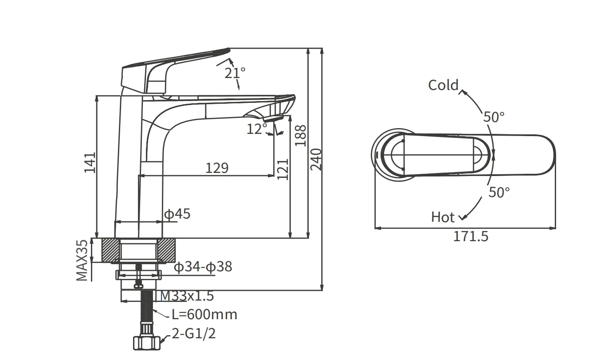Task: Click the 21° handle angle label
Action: pyautogui.click(x=235, y=73)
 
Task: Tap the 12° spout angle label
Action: pyautogui.click(x=257, y=129)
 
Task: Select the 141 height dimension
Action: pyautogui.click(x=90, y=163)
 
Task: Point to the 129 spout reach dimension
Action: pyautogui.click(x=217, y=168)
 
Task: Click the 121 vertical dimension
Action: pyautogui.click(x=282, y=169)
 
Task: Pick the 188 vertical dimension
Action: pyautogui.click(x=301, y=136)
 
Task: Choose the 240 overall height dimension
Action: pyautogui.click(x=316, y=160)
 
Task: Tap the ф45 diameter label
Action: pyautogui.click(x=177, y=214)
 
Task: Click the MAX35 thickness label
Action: pyautogui.click(x=82, y=260)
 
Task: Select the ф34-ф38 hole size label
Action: pyautogui.click(x=203, y=266)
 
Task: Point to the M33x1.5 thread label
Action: pyautogui.click(x=187, y=296)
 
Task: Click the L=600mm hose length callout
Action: pyautogui.click(x=204, y=314)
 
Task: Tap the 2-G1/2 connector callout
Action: pyautogui.click(x=194, y=333)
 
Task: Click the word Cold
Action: pyautogui.click(x=443, y=85)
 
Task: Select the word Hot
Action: pyautogui.click(x=443, y=217)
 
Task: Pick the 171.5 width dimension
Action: pyautogui.click(x=471, y=236)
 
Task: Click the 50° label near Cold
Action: pyautogui.click(x=494, y=117)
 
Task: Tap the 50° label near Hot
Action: pyautogui.click(x=499, y=192)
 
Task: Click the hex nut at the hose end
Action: pyautogui.click(x=147, y=343)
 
